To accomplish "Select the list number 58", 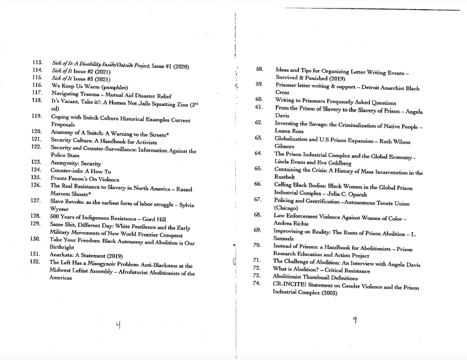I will pyautogui.click(x=259, y=69).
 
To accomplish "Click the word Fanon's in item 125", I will pyautogui.click(x=82, y=179).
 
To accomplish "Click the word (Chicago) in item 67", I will pyautogui.click(x=285, y=208).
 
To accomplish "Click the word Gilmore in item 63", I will pyautogui.click(x=285, y=147).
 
